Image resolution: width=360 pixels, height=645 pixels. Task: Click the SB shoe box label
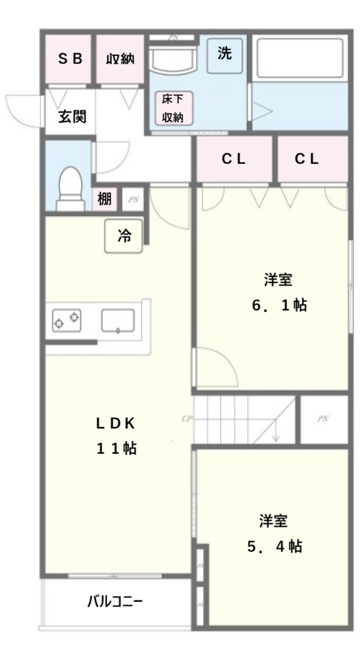(69, 59)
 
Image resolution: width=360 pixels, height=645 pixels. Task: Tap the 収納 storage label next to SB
(119, 60)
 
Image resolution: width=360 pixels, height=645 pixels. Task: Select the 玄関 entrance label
(71, 117)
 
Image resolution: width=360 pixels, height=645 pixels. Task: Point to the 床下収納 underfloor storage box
(173, 108)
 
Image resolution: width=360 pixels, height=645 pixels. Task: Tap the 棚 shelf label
(104, 199)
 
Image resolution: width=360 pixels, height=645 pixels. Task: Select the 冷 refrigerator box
(124, 236)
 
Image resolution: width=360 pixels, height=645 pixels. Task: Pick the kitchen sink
(118, 320)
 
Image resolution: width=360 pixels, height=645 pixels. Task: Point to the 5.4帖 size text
(274, 546)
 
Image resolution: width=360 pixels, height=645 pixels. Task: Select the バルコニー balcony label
(115, 602)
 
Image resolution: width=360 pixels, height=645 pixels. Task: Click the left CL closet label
(233, 159)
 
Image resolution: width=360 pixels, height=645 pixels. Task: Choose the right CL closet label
(307, 159)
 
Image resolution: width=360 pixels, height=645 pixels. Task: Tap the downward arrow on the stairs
(274, 432)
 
